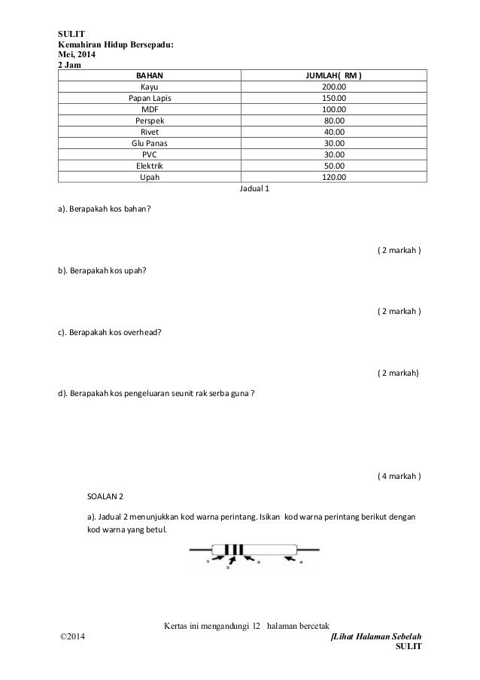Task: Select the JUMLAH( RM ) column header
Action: coord(333,75)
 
